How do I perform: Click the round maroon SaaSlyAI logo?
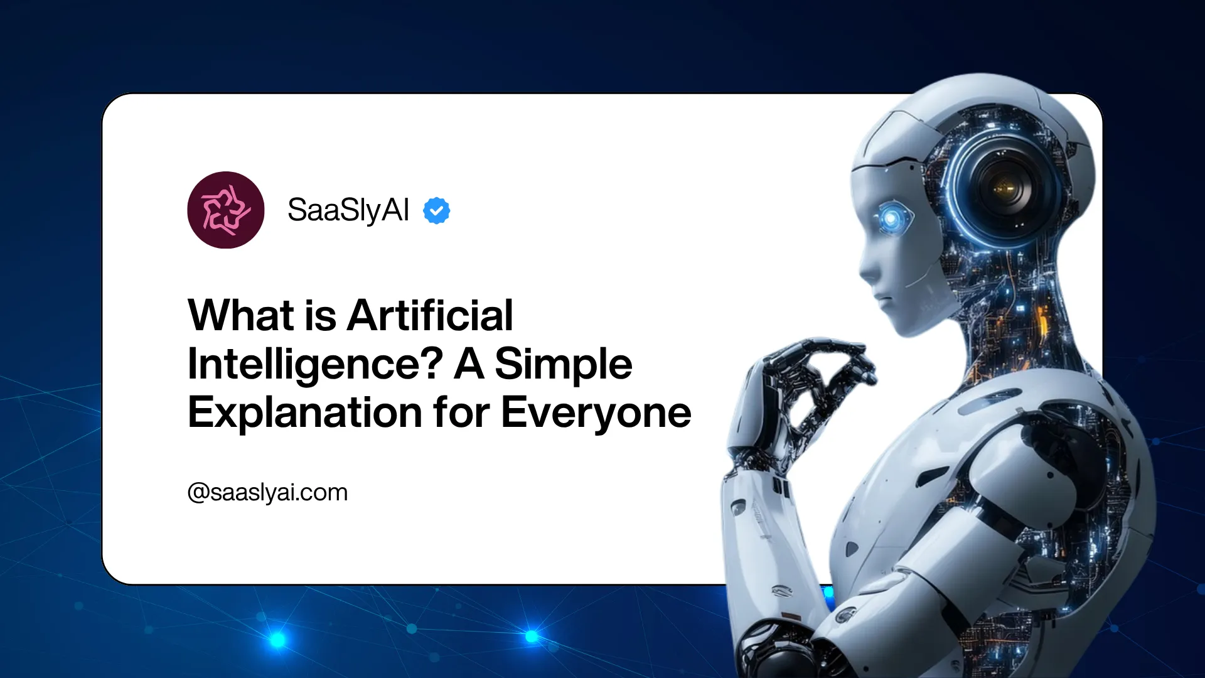[226, 210]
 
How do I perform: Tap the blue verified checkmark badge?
[437, 210]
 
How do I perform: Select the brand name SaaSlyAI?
[348, 210]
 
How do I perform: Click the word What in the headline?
[241, 315]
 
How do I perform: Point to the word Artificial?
[431, 315]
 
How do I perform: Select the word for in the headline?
[461, 413]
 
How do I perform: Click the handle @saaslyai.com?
[267, 493]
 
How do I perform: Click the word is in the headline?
[321, 315]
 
